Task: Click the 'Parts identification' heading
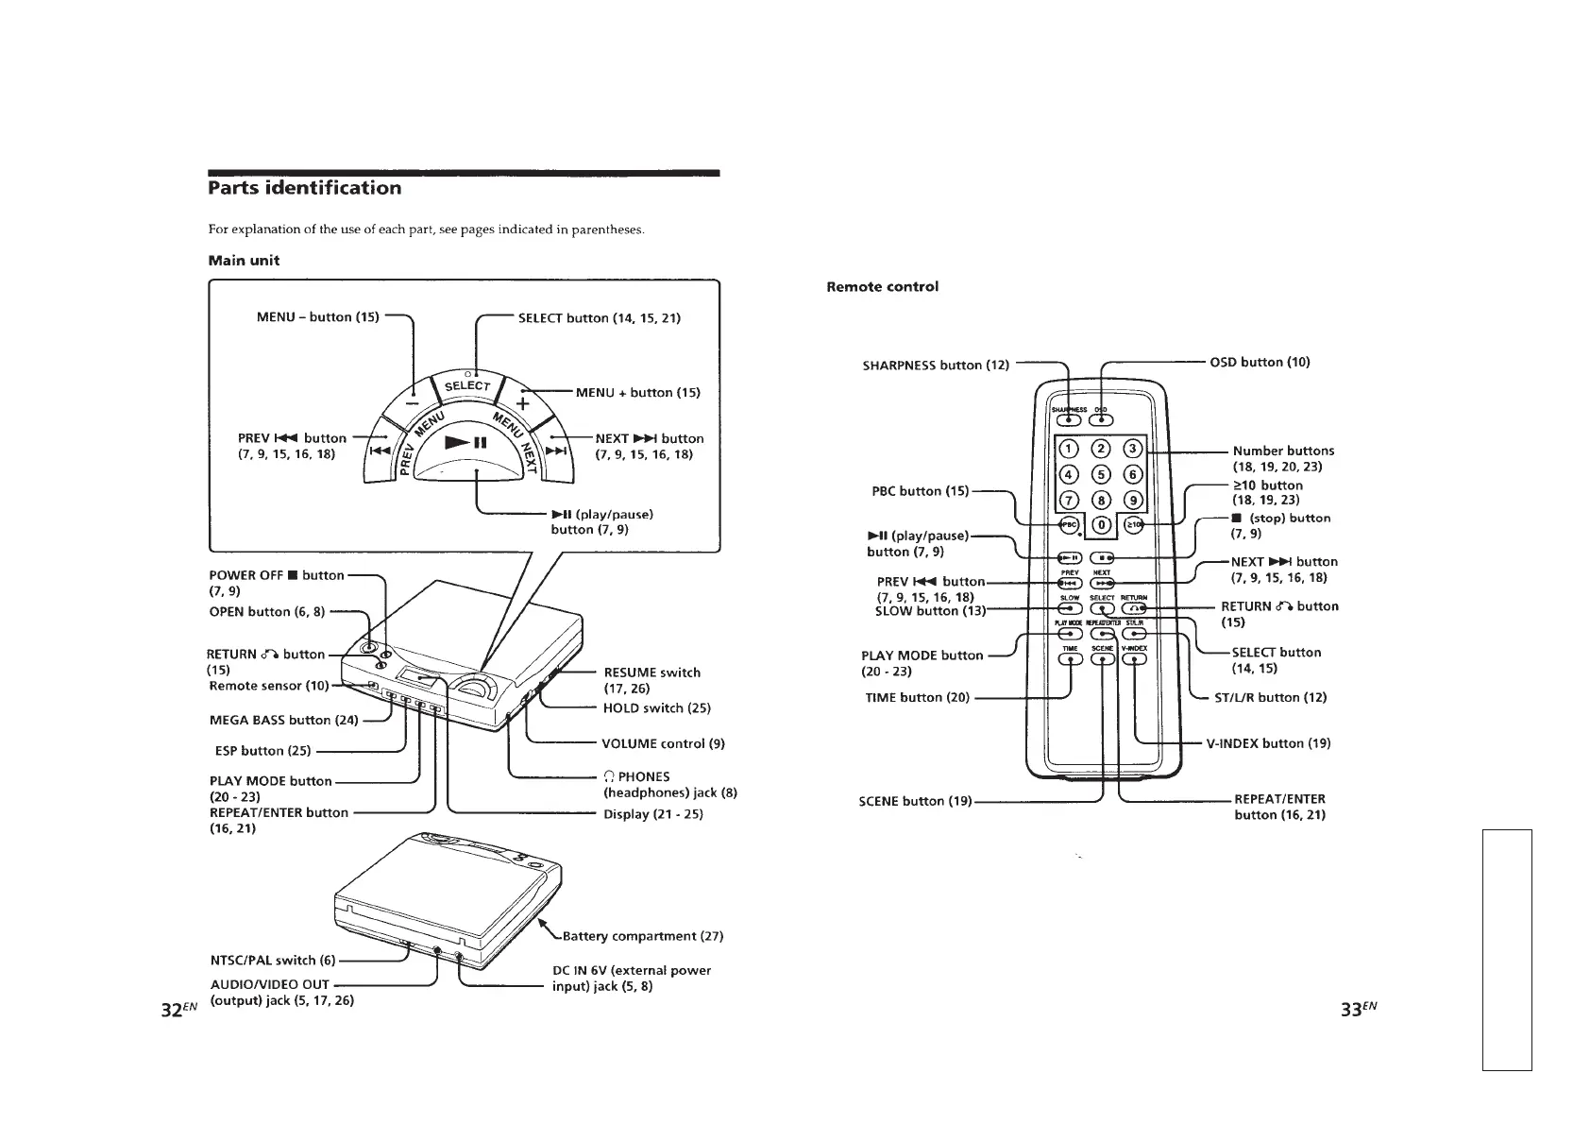pos(304,188)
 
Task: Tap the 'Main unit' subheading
pos(244,261)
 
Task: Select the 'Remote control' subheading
pos(882,287)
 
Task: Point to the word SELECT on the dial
pos(467,386)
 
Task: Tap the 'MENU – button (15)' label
pos(317,317)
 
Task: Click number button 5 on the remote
pos(1101,474)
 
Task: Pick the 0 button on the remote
pos(1101,525)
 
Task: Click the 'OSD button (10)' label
pos(1260,362)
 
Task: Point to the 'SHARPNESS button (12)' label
pos(936,366)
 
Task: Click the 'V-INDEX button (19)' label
pos(1268,743)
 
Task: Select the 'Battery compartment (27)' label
pos(643,937)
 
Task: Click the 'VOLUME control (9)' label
pos(663,743)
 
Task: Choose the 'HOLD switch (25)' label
pos(656,708)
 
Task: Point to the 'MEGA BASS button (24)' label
pos(283,721)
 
